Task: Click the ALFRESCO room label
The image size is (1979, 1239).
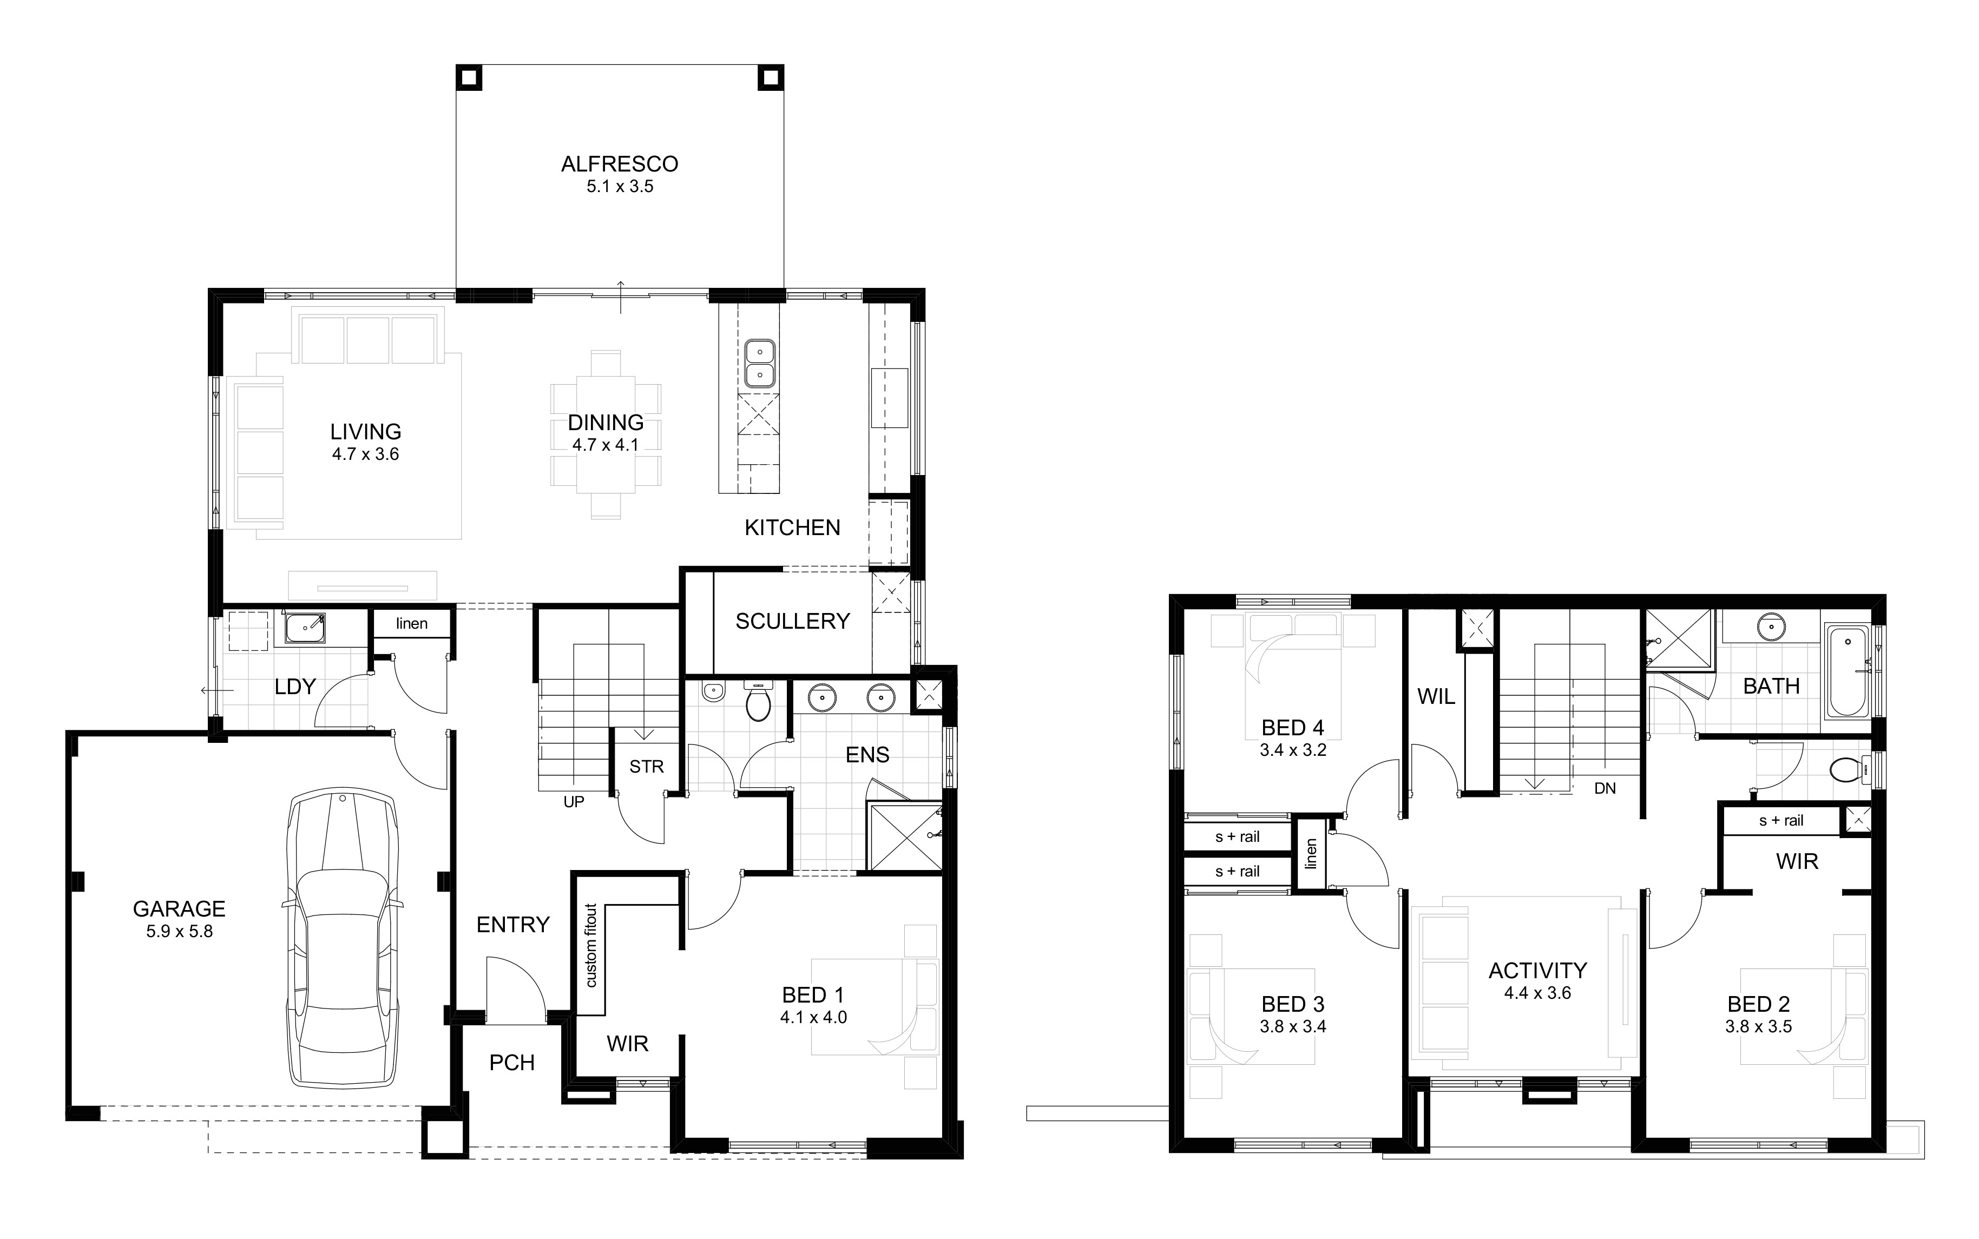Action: (x=620, y=164)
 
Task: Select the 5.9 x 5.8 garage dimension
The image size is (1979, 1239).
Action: (x=180, y=932)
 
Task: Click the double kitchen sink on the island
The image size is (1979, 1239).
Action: (x=760, y=363)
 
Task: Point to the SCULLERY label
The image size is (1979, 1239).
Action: (x=792, y=621)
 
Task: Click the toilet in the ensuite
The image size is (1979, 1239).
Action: (x=758, y=702)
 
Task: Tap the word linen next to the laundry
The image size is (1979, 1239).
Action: (x=411, y=624)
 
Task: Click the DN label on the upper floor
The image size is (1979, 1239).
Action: (x=1605, y=788)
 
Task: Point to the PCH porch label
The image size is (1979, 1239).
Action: (x=511, y=1063)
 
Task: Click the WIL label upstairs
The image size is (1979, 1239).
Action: (x=1436, y=696)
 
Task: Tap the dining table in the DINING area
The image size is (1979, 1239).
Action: (x=606, y=434)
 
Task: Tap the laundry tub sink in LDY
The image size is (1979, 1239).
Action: (x=305, y=629)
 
